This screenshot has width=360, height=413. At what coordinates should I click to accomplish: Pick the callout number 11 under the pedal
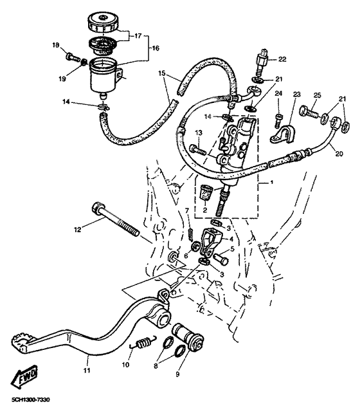[x=87, y=371]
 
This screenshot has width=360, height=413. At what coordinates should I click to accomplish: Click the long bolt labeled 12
[x=116, y=220]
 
